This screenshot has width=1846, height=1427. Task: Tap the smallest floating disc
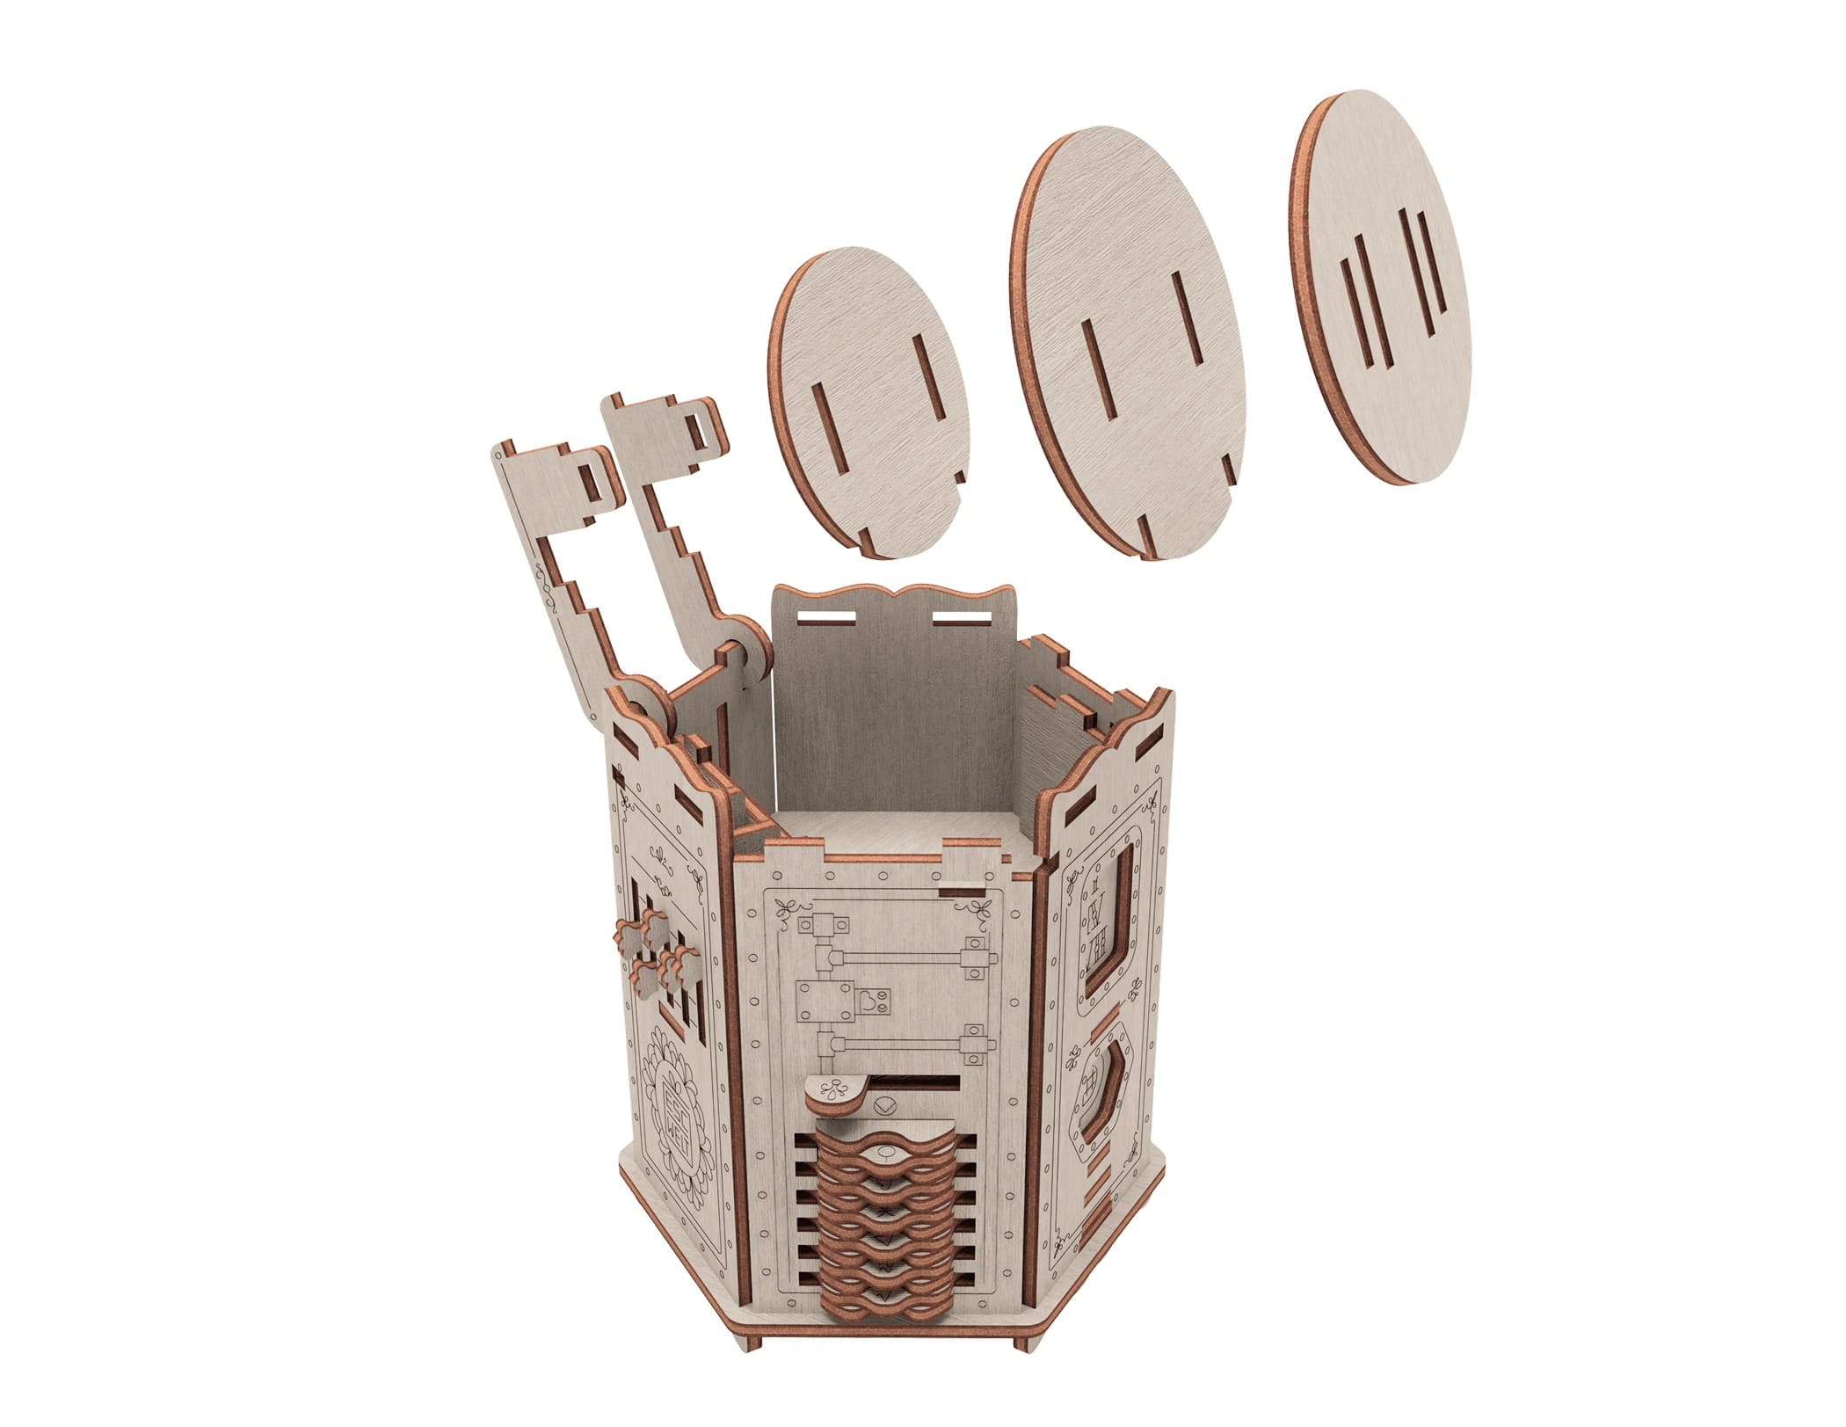(x=866, y=404)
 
